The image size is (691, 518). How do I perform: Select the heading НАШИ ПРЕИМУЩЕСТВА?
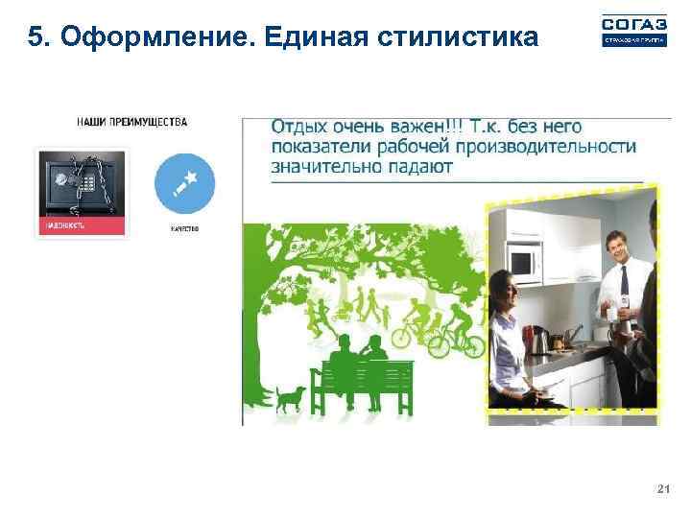click(x=132, y=122)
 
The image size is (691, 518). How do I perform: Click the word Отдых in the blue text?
click(x=299, y=127)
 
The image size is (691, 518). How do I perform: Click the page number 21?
click(x=662, y=489)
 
